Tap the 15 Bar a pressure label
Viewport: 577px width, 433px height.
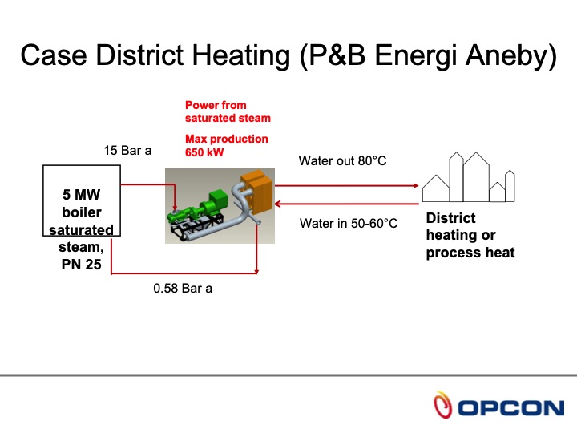127,150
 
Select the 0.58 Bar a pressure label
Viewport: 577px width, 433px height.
183,288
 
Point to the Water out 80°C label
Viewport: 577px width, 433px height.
342,161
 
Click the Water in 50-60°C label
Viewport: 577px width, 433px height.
348,223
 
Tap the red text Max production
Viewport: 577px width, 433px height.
227,139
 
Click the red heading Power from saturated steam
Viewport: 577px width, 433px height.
228,111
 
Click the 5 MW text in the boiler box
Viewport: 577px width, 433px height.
82,195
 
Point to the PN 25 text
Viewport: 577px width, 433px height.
80,264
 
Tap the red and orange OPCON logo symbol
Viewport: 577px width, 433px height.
442,407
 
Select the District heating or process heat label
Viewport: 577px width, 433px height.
470,236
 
